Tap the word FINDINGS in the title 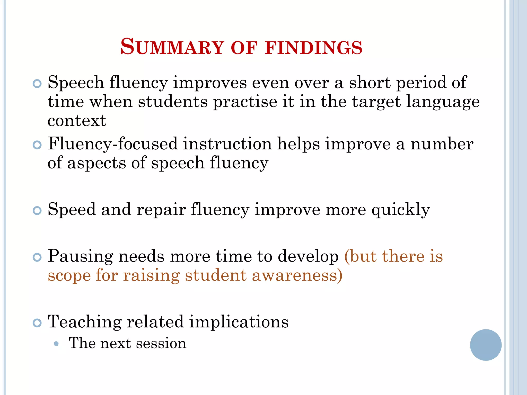(x=314, y=48)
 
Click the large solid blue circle (x=486, y=345)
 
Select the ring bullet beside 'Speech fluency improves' (x=37, y=84)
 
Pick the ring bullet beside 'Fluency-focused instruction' (x=37, y=145)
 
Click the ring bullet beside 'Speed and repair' (x=37, y=211)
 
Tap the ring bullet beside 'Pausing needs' (x=37, y=257)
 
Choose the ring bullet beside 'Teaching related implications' (x=37, y=323)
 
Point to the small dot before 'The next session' (x=56, y=344)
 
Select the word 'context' (x=77, y=121)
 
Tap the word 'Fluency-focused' (x=113, y=144)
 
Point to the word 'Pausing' (x=80, y=257)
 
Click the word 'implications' (x=239, y=322)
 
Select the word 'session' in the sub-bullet (x=161, y=344)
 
